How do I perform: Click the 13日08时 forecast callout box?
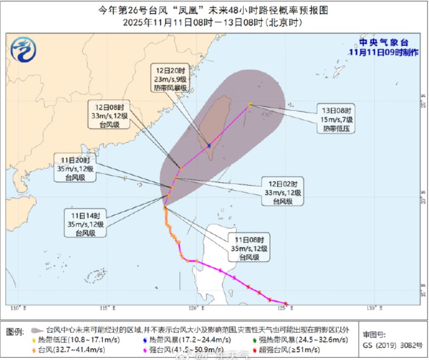[x=337, y=119]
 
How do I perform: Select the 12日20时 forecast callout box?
[x=171, y=79]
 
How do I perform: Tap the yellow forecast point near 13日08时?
[x=250, y=105]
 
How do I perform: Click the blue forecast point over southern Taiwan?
[x=209, y=145]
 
